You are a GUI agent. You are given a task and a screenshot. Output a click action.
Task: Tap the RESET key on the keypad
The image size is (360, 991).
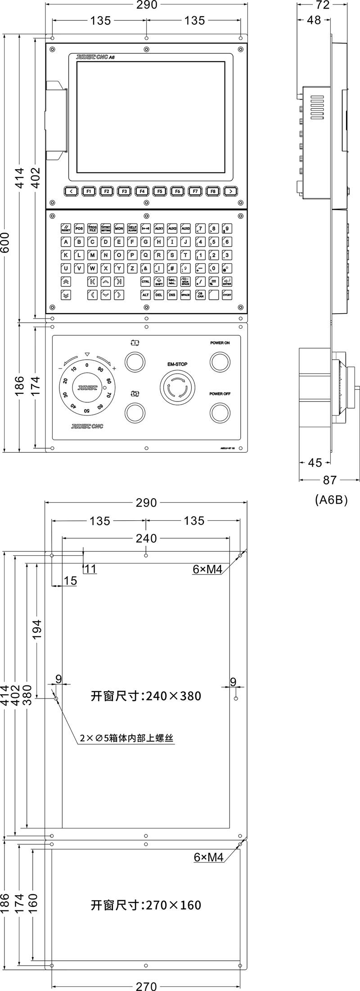[66, 229]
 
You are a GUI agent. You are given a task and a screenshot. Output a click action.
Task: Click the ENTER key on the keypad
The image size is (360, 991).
[227, 282]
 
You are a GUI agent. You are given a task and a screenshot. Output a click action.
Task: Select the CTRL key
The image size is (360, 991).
[145, 282]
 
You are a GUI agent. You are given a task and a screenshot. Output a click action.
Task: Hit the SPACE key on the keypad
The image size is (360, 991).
[185, 295]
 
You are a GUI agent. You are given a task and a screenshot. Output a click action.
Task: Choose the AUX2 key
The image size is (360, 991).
[172, 229]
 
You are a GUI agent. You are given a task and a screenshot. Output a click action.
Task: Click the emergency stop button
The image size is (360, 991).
[175, 387]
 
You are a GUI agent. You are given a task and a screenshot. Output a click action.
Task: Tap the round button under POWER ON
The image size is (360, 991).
[220, 361]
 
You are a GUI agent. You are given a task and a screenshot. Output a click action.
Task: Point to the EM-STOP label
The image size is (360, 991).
[174, 364]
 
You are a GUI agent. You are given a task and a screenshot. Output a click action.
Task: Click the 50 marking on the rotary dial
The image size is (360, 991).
[87, 410]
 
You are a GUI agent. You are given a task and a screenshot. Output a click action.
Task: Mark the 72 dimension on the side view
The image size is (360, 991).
[323, 5]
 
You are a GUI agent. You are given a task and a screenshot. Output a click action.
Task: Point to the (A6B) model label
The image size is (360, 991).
[331, 500]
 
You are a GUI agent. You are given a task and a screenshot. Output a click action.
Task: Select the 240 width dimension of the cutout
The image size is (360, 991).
[146, 538]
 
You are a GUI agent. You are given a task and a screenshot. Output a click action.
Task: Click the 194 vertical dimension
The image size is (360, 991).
[36, 629]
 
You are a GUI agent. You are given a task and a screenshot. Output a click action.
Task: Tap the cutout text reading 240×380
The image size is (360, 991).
[146, 696]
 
